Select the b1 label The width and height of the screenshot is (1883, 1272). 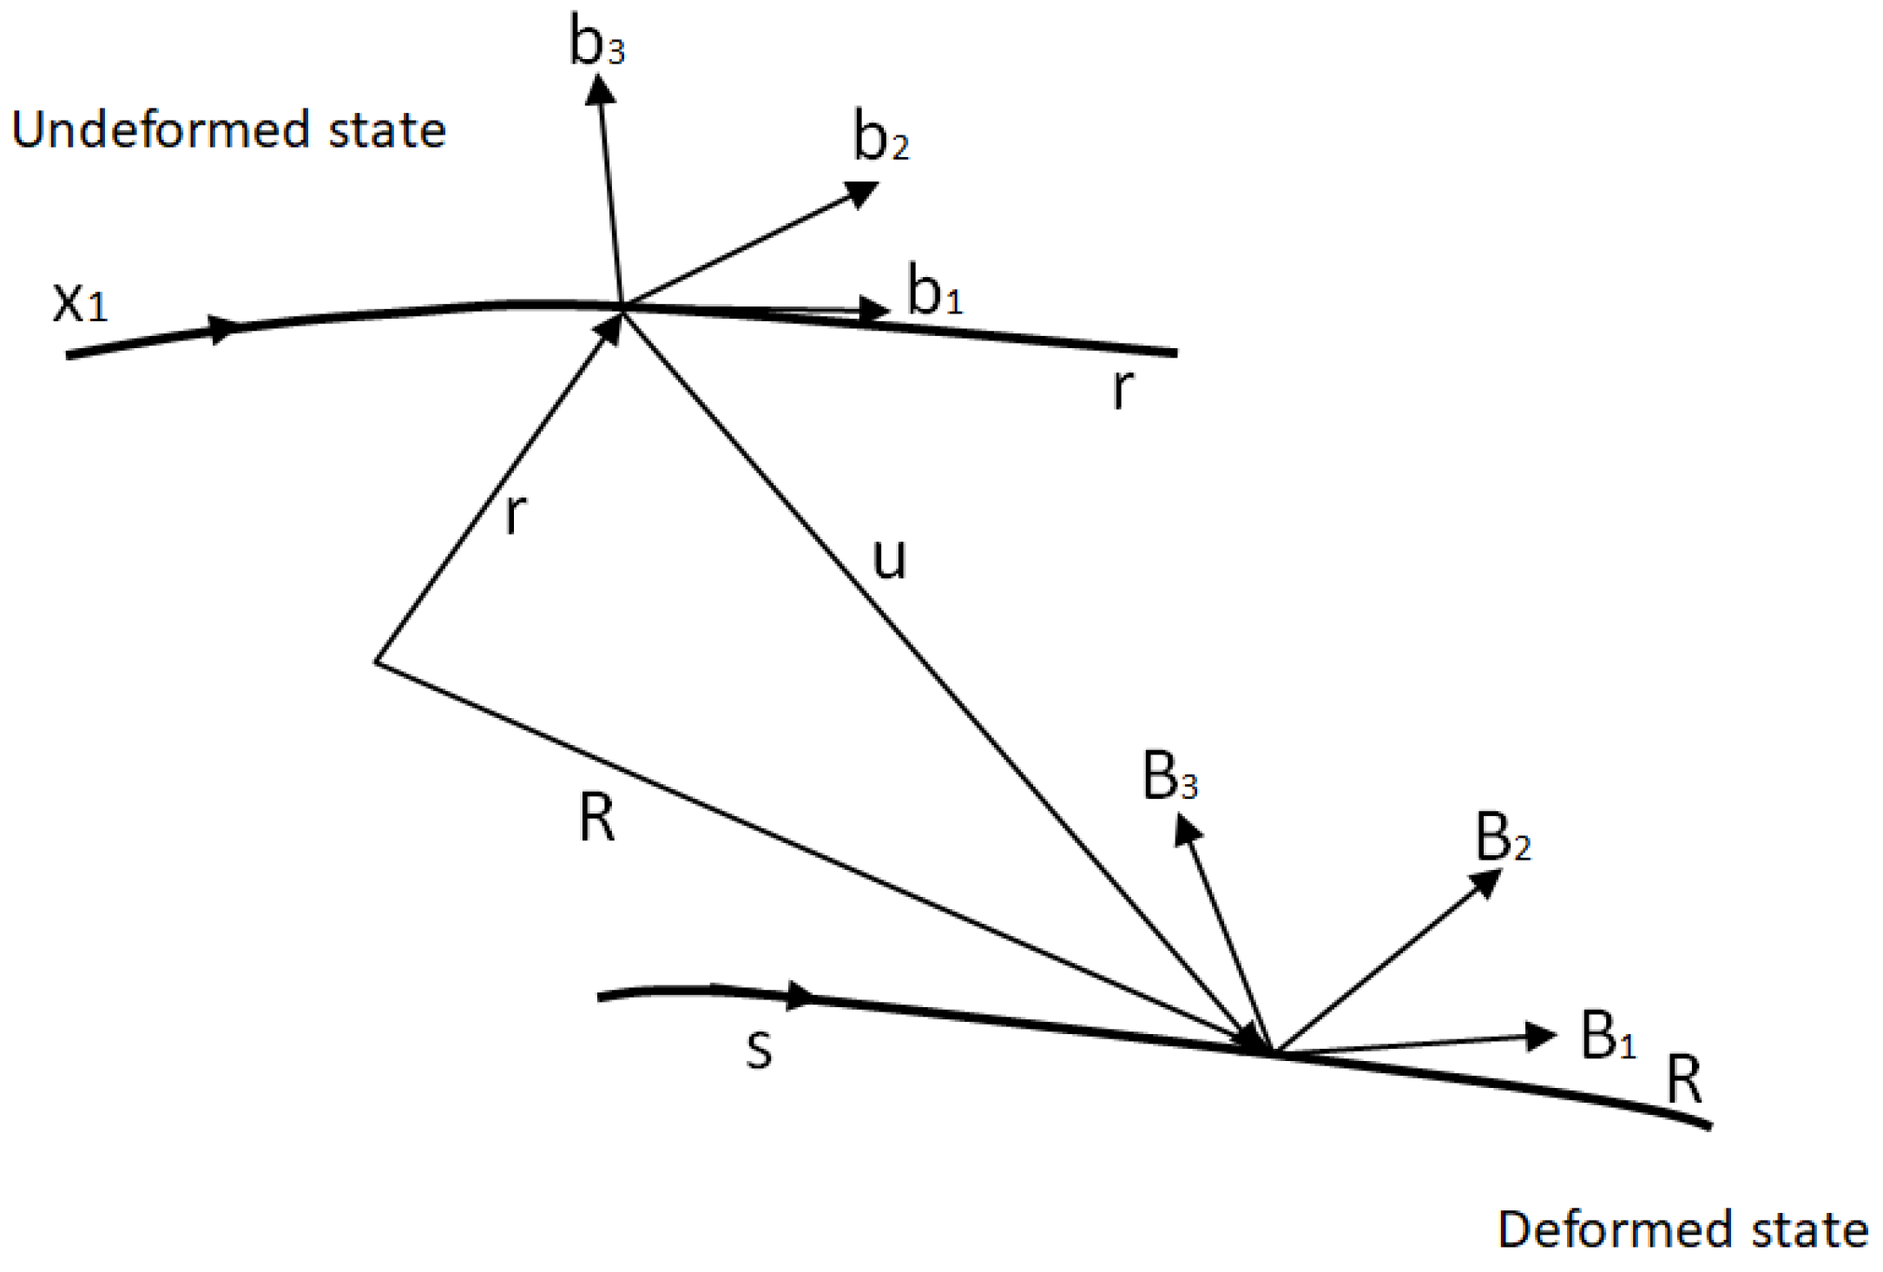(934, 291)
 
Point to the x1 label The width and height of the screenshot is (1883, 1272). (80, 303)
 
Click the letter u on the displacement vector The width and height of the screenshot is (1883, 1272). (889, 558)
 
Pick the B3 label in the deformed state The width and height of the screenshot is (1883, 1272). (1169, 777)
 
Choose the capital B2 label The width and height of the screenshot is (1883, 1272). (1503, 839)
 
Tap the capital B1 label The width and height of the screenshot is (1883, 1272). (1608, 1035)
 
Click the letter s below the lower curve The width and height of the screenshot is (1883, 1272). (759, 1049)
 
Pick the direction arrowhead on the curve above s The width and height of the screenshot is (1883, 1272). (800, 996)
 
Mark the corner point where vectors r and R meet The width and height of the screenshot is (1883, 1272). (377, 662)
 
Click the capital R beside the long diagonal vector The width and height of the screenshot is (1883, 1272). (597, 819)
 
